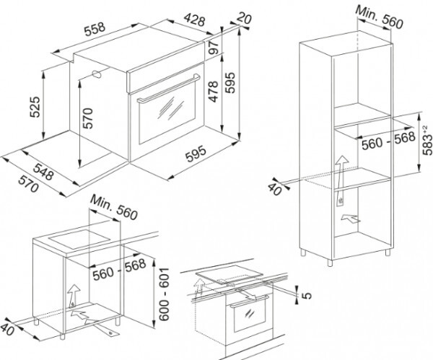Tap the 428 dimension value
(x=195, y=19)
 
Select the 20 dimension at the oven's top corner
(x=244, y=18)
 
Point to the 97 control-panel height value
(x=214, y=48)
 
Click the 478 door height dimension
(x=214, y=92)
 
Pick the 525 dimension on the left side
(x=35, y=107)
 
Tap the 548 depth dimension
(x=43, y=172)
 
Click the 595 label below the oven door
(x=196, y=154)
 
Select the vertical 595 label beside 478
(x=230, y=83)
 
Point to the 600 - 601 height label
(x=164, y=294)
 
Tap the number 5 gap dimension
(x=307, y=296)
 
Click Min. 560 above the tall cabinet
(x=380, y=17)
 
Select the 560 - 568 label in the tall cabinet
(x=388, y=141)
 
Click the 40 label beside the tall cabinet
(x=275, y=189)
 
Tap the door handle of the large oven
(x=169, y=89)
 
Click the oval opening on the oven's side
(x=97, y=74)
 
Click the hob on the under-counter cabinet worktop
(x=80, y=239)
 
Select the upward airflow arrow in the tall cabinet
(x=341, y=180)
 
